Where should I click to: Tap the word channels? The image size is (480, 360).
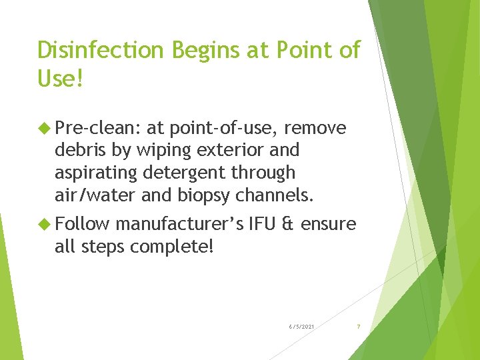[x=273, y=195]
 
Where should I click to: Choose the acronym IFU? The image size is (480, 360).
[x=263, y=225]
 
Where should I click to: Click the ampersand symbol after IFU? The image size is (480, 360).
[x=288, y=225]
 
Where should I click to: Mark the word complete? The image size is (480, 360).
[x=172, y=247]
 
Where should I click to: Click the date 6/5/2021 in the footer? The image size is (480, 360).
[x=302, y=326]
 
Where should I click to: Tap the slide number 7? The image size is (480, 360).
[x=358, y=326]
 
